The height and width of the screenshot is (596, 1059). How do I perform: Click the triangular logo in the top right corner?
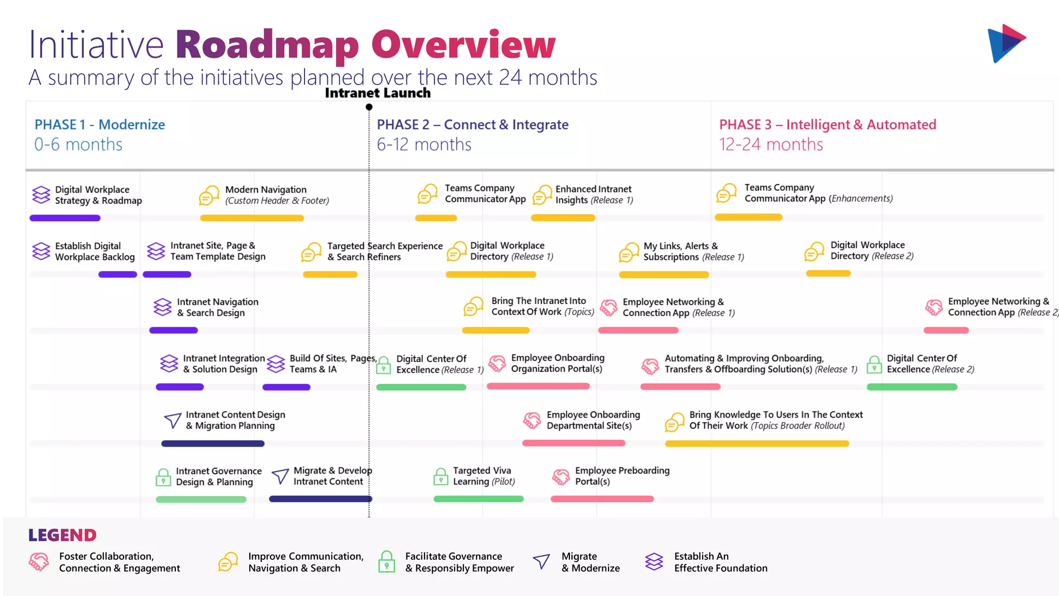pyautogui.click(x=1005, y=43)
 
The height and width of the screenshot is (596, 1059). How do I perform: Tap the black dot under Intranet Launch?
pyautogui.click(x=369, y=107)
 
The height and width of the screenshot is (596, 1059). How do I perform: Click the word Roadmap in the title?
pyautogui.click(x=267, y=45)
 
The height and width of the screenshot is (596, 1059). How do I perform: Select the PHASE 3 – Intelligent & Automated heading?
pyautogui.click(x=827, y=125)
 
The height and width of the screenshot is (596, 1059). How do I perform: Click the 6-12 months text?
pyautogui.click(x=424, y=144)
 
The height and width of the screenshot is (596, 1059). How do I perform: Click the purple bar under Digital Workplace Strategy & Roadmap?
pyautogui.click(x=65, y=218)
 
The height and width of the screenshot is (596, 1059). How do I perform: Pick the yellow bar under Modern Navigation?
pyautogui.click(x=252, y=218)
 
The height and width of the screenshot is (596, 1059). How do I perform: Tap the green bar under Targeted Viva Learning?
pyautogui.click(x=478, y=499)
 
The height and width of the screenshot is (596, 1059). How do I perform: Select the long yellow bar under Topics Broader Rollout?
pyautogui.click(x=757, y=443)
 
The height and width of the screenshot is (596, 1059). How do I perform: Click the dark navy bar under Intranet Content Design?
pyautogui.click(x=213, y=443)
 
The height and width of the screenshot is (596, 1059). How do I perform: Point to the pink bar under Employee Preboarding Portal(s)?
pyautogui.click(x=602, y=499)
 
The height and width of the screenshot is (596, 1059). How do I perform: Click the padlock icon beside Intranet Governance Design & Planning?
pyautogui.click(x=163, y=477)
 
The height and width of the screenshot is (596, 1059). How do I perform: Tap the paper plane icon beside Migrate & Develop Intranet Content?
pyautogui.click(x=280, y=476)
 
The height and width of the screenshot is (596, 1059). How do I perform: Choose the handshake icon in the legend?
pyautogui.click(x=39, y=562)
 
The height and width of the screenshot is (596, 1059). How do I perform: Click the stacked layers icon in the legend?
pyautogui.click(x=654, y=562)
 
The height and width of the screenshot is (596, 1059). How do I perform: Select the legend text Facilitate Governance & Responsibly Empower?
pyautogui.click(x=459, y=562)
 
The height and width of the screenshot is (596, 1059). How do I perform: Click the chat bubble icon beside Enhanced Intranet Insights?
pyautogui.click(x=542, y=195)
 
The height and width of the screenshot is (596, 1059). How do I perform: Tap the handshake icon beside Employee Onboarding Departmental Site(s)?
pyautogui.click(x=532, y=421)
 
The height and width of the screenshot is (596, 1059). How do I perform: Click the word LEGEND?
pyautogui.click(x=63, y=535)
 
